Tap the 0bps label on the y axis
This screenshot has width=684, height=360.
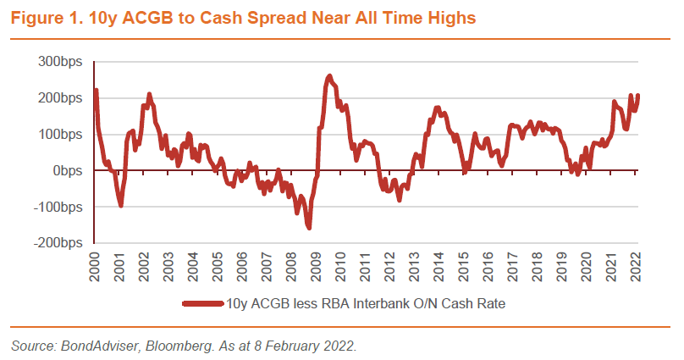point(69,170)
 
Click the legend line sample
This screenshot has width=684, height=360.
point(202,302)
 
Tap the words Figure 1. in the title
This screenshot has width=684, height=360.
point(39,16)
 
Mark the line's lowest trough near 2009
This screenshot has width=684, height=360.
point(309,227)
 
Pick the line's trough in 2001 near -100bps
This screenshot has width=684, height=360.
point(121,204)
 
